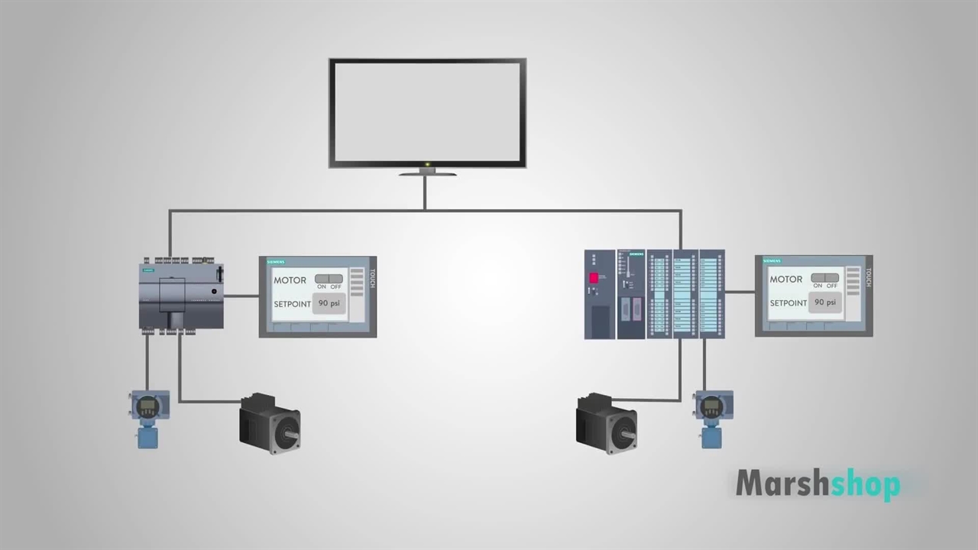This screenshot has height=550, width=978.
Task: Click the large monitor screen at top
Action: pyautogui.click(x=427, y=112)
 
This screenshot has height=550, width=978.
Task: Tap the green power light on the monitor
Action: pyautogui.click(x=427, y=164)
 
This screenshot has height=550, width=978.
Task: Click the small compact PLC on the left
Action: pyautogui.click(x=182, y=295)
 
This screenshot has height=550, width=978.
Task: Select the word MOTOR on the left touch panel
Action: pyautogui.click(x=290, y=280)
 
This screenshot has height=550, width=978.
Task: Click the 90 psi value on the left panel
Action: pyautogui.click(x=330, y=303)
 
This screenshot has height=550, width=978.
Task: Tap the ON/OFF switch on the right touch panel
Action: pyautogui.click(x=824, y=278)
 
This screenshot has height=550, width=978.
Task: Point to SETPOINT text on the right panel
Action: pyautogui.click(x=789, y=303)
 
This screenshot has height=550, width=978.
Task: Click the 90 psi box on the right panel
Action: pyautogui.click(x=825, y=302)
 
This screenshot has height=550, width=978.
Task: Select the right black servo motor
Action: pyautogui.click(x=606, y=424)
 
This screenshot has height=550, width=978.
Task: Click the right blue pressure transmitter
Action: pyautogui.click(x=712, y=418)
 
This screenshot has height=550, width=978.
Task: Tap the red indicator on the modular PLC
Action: pyautogui.click(x=593, y=278)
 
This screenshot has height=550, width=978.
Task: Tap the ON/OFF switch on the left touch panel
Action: pyautogui.click(x=329, y=279)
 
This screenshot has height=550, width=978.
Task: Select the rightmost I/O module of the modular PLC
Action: pyautogui.click(x=711, y=294)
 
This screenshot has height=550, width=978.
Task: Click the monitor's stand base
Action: pyautogui.click(x=427, y=174)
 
